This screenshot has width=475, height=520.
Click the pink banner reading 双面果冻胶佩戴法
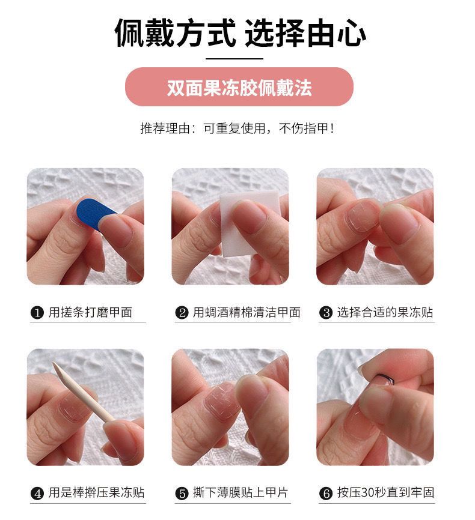coord(239,87)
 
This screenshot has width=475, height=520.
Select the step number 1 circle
coord(37,312)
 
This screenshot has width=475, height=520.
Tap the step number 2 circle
coord(182,312)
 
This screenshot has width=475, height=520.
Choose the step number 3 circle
coord(326,312)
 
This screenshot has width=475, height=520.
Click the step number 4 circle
coord(37,493)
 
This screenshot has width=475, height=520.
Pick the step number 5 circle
coord(182,493)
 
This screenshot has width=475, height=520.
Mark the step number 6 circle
coord(326,493)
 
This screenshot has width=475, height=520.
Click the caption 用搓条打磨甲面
coord(90,312)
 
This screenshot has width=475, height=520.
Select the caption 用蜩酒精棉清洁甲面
coord(247,312)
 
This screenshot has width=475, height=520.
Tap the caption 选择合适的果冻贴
coord(385,312)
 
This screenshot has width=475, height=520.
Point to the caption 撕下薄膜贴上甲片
coord(241,493)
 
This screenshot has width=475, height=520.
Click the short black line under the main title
coord(234,59)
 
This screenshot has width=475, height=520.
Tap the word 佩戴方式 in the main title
coord(175,33)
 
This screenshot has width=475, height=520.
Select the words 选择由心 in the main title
coord(305,33)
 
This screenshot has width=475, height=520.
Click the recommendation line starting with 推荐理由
coord(237,128)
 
